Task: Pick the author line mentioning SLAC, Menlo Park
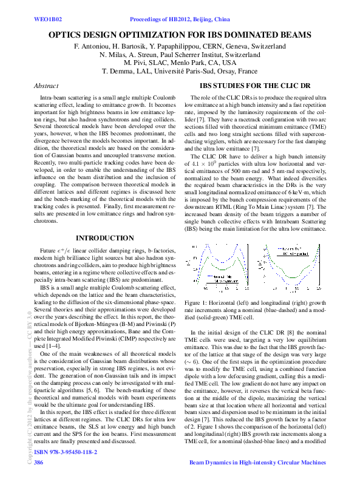[x=180, y=63]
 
